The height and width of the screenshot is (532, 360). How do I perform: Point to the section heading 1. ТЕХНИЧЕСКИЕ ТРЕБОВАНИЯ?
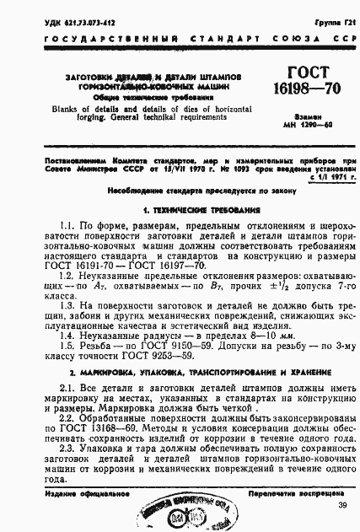tap(180, 208)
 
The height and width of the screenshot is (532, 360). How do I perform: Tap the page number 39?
tap(341, 505)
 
